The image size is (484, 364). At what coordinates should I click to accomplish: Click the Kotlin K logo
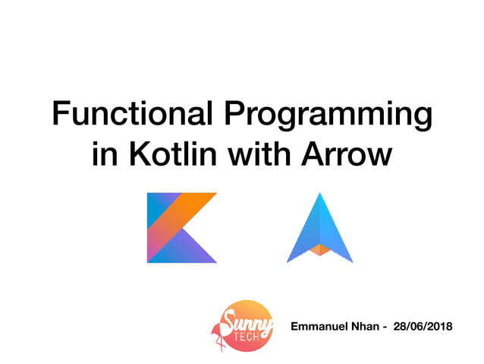click(182, 228)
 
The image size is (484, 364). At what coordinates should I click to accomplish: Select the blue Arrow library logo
click(320, 228)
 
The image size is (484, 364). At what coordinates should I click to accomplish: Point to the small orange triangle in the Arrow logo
click(320, 248)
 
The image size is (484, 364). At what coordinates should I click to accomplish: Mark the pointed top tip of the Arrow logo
click(320, 195)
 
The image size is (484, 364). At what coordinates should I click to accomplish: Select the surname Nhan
click(369, 326)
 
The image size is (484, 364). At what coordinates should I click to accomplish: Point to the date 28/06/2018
click(423, 326)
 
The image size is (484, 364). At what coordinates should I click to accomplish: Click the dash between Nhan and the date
click(387, 327)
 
